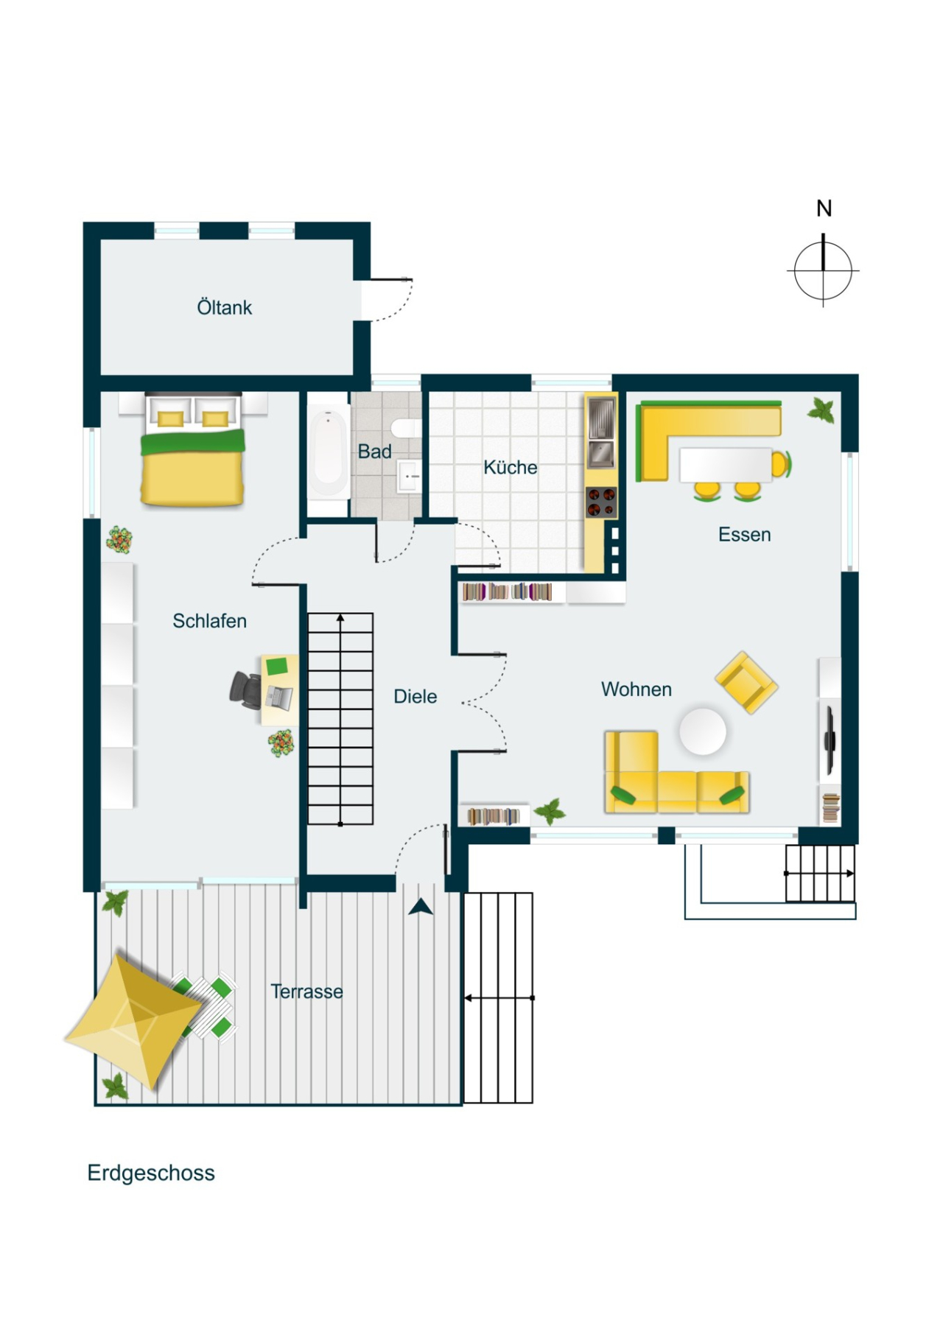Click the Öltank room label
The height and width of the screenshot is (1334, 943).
click(x=224, y=307)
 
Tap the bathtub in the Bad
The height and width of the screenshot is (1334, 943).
click(x=328, y=452)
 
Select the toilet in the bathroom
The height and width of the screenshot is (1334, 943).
click(x=406, y=428)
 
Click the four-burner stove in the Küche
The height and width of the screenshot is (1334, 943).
click(x=601, y=502)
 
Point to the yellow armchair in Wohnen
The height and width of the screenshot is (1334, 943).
click(x=746, y=682)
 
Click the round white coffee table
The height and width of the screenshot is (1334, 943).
click(x=702, y=731)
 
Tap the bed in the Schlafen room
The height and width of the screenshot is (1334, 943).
click(x=193, y=457)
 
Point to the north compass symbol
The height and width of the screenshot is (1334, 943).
click(x=823, y=270)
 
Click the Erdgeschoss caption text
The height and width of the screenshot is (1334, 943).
click(x=151, y=1173)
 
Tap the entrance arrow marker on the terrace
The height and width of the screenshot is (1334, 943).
click(x=421, y=907)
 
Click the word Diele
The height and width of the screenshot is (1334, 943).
click(x=415, y=696)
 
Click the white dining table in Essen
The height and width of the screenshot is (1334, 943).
click(x=725, y=464)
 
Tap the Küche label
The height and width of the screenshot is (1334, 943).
click(x=510, y=467)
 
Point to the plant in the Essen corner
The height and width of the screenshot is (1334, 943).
click(x=821, y=410)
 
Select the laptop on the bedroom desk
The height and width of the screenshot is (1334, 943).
click(x=280, y=695)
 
